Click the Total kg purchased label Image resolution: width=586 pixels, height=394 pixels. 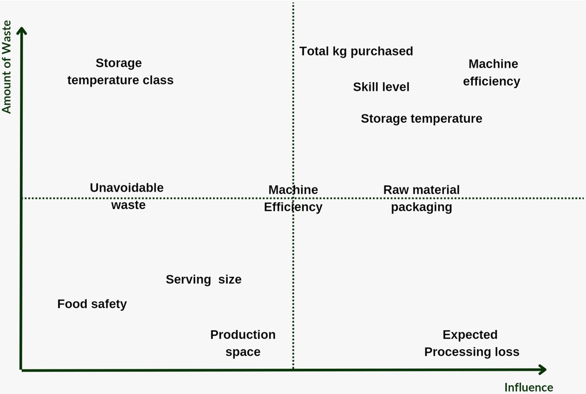(x=356, y=51)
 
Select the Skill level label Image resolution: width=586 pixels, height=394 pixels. (x=381, y=87)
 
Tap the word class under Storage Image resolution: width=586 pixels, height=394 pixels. (x=158, y=80)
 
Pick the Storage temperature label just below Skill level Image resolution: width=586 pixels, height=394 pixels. (x=421, y=119)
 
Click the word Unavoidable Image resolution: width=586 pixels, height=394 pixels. (x=126, y=188)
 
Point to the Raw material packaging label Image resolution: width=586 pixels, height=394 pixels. (x=422, y=198)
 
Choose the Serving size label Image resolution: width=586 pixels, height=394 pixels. (x=203, y=279)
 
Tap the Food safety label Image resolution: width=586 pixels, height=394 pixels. (x=92, y=304)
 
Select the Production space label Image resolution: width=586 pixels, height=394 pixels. (x=243, y=343)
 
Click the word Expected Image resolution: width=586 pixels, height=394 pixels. (x=470, y=335)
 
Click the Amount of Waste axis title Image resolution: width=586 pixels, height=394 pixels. (x=7, y=67)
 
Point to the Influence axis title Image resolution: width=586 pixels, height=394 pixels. (x=528, y=387)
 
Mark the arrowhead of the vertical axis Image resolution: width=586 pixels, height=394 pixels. (x=22, y=31)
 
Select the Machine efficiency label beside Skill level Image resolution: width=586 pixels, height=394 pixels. (x=492, y=72)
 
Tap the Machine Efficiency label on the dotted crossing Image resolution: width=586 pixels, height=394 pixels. (x=293, y=198)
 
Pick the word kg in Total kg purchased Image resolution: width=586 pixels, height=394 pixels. (x=340, y=51)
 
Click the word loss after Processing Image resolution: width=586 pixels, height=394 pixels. (x=507, y=352)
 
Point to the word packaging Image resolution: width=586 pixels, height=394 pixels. (x=422, y=207)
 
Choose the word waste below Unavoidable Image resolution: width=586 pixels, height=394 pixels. (x=129, y=205)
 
